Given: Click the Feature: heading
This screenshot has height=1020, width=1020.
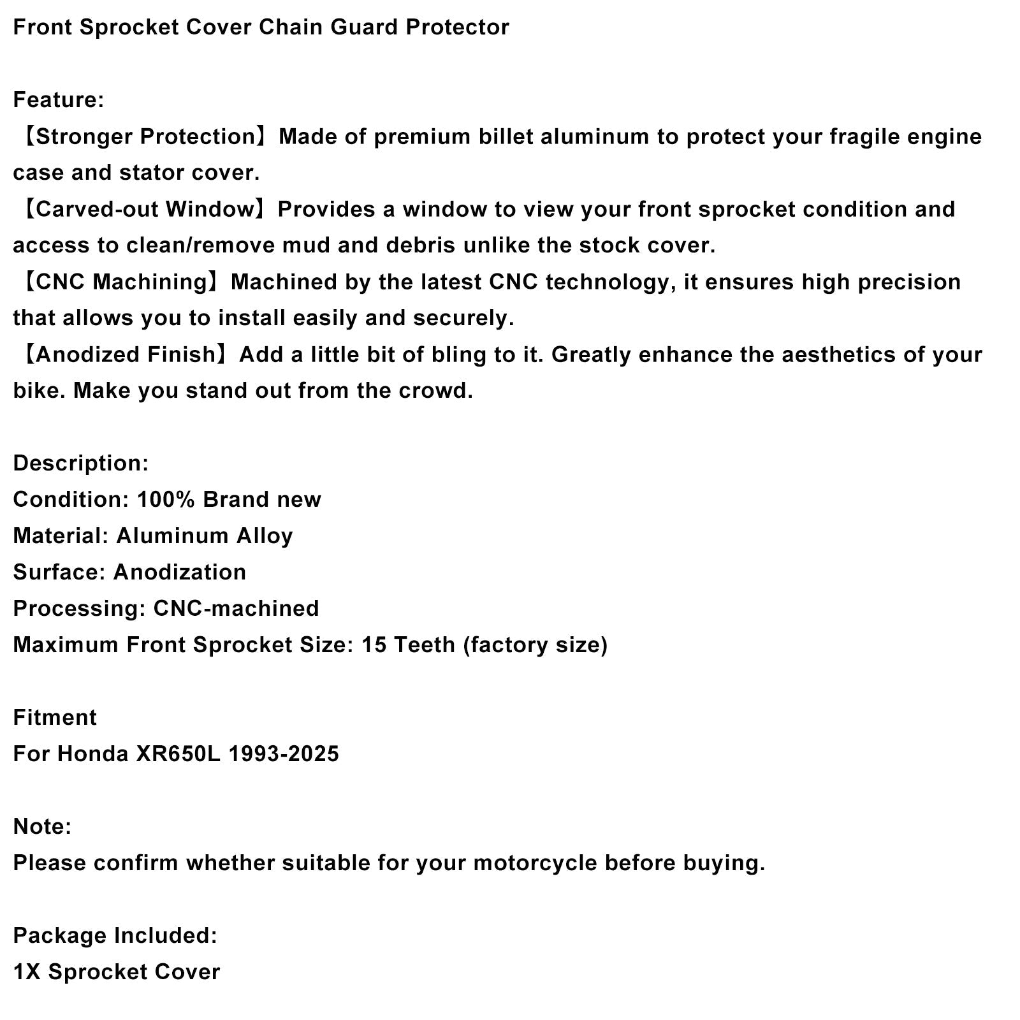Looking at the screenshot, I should [58, 100].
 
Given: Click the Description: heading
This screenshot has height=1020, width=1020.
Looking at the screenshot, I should [80, 463].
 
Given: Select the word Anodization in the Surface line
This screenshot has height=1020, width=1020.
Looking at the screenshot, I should [179, 572].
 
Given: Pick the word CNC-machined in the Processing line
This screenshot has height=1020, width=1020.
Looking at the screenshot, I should [236, 609].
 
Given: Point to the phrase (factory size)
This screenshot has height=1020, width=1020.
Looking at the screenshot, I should [535, 645].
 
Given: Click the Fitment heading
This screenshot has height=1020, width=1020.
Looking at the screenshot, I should [55, 718].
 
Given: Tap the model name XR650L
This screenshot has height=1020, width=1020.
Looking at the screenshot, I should [178, 754].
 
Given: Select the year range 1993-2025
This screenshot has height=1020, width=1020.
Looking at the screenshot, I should [284, 754].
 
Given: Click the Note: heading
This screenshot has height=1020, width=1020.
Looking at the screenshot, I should [42, 827].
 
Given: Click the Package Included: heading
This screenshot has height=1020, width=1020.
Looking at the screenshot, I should [115, 936].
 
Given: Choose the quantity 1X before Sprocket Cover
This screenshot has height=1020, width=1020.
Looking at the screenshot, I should [27, 972].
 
